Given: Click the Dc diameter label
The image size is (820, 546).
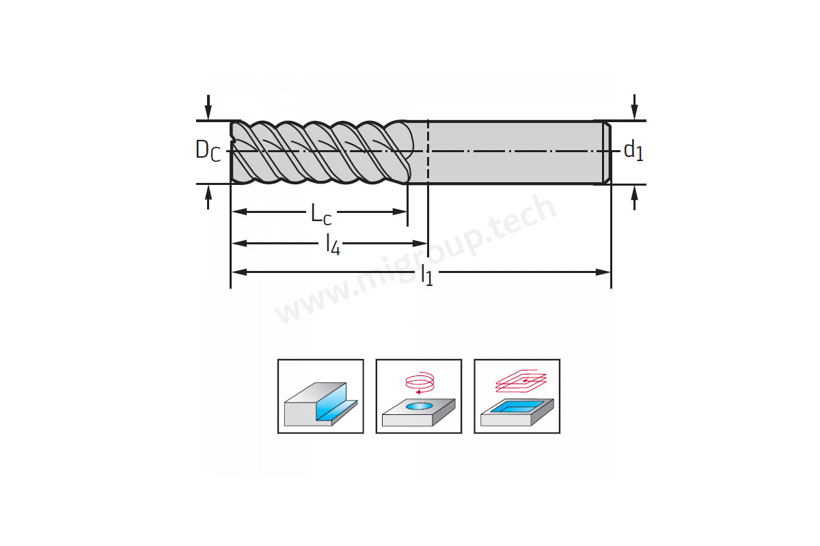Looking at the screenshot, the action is coord(208,151).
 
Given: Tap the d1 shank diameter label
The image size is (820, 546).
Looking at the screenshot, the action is coord(633,151).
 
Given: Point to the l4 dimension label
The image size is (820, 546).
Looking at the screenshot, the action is coord(333,244).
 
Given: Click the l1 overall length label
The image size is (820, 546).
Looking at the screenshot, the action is coord(427,274).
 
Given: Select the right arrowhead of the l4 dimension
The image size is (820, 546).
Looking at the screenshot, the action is coord(420,243).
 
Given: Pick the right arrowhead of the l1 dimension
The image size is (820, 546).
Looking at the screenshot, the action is coord(603,272).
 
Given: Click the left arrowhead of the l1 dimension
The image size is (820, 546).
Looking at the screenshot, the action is coord(239,272).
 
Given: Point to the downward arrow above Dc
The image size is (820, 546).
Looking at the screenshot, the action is coord(208,107).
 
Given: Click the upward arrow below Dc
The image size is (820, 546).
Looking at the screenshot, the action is coord(208,197).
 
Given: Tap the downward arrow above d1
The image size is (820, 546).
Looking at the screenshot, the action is coord(634,106).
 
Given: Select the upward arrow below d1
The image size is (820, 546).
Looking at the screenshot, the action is coord(634,198).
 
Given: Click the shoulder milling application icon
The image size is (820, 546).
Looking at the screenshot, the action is coord(320,397).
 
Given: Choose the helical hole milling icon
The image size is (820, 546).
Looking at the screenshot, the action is coord(419,397).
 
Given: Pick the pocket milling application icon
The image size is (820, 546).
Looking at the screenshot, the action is coord(517,397).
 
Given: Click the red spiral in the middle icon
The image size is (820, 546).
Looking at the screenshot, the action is coord(420,382).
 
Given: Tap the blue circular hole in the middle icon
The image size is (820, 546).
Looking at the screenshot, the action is coord(419,406).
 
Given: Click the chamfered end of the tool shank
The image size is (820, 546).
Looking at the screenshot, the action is coord(607,152).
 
